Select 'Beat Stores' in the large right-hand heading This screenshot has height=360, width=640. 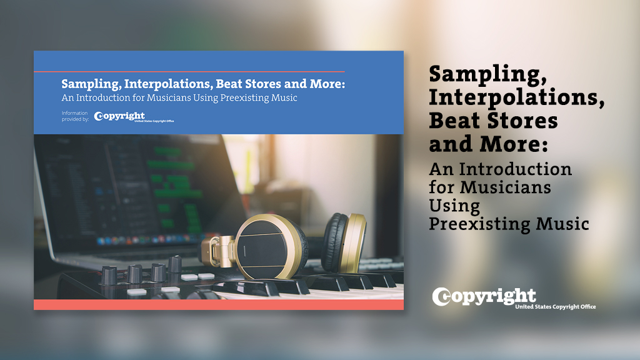[493, 120]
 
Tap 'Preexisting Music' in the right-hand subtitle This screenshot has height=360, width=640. [509, 223]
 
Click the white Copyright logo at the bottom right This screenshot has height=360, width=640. [484, 296]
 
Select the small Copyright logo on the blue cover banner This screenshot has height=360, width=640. [119, 116]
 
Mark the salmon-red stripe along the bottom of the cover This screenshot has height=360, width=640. [218, 304]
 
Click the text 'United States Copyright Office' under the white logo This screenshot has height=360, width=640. [555, 307]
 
